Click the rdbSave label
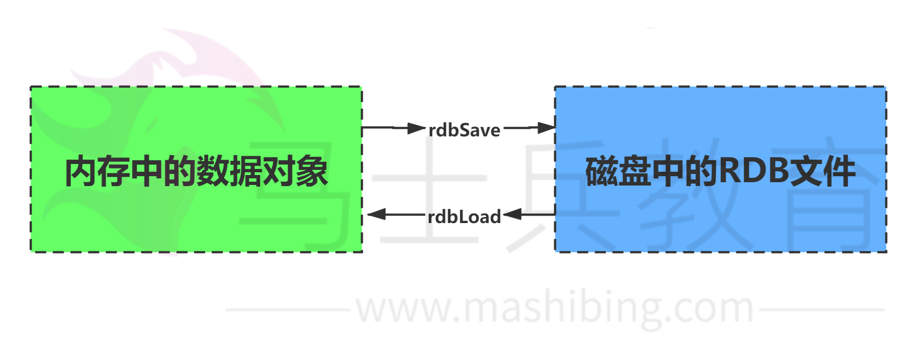click(464, 130)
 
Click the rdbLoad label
click(464, 216)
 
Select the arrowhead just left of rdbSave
click(417, 128)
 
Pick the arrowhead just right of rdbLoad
click(512, 214)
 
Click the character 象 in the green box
click(312, 172)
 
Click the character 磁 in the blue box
click(602, 172)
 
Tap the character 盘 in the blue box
click(635, 172)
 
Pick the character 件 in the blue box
click(839, 172)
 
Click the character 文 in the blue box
click(806, 172)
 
